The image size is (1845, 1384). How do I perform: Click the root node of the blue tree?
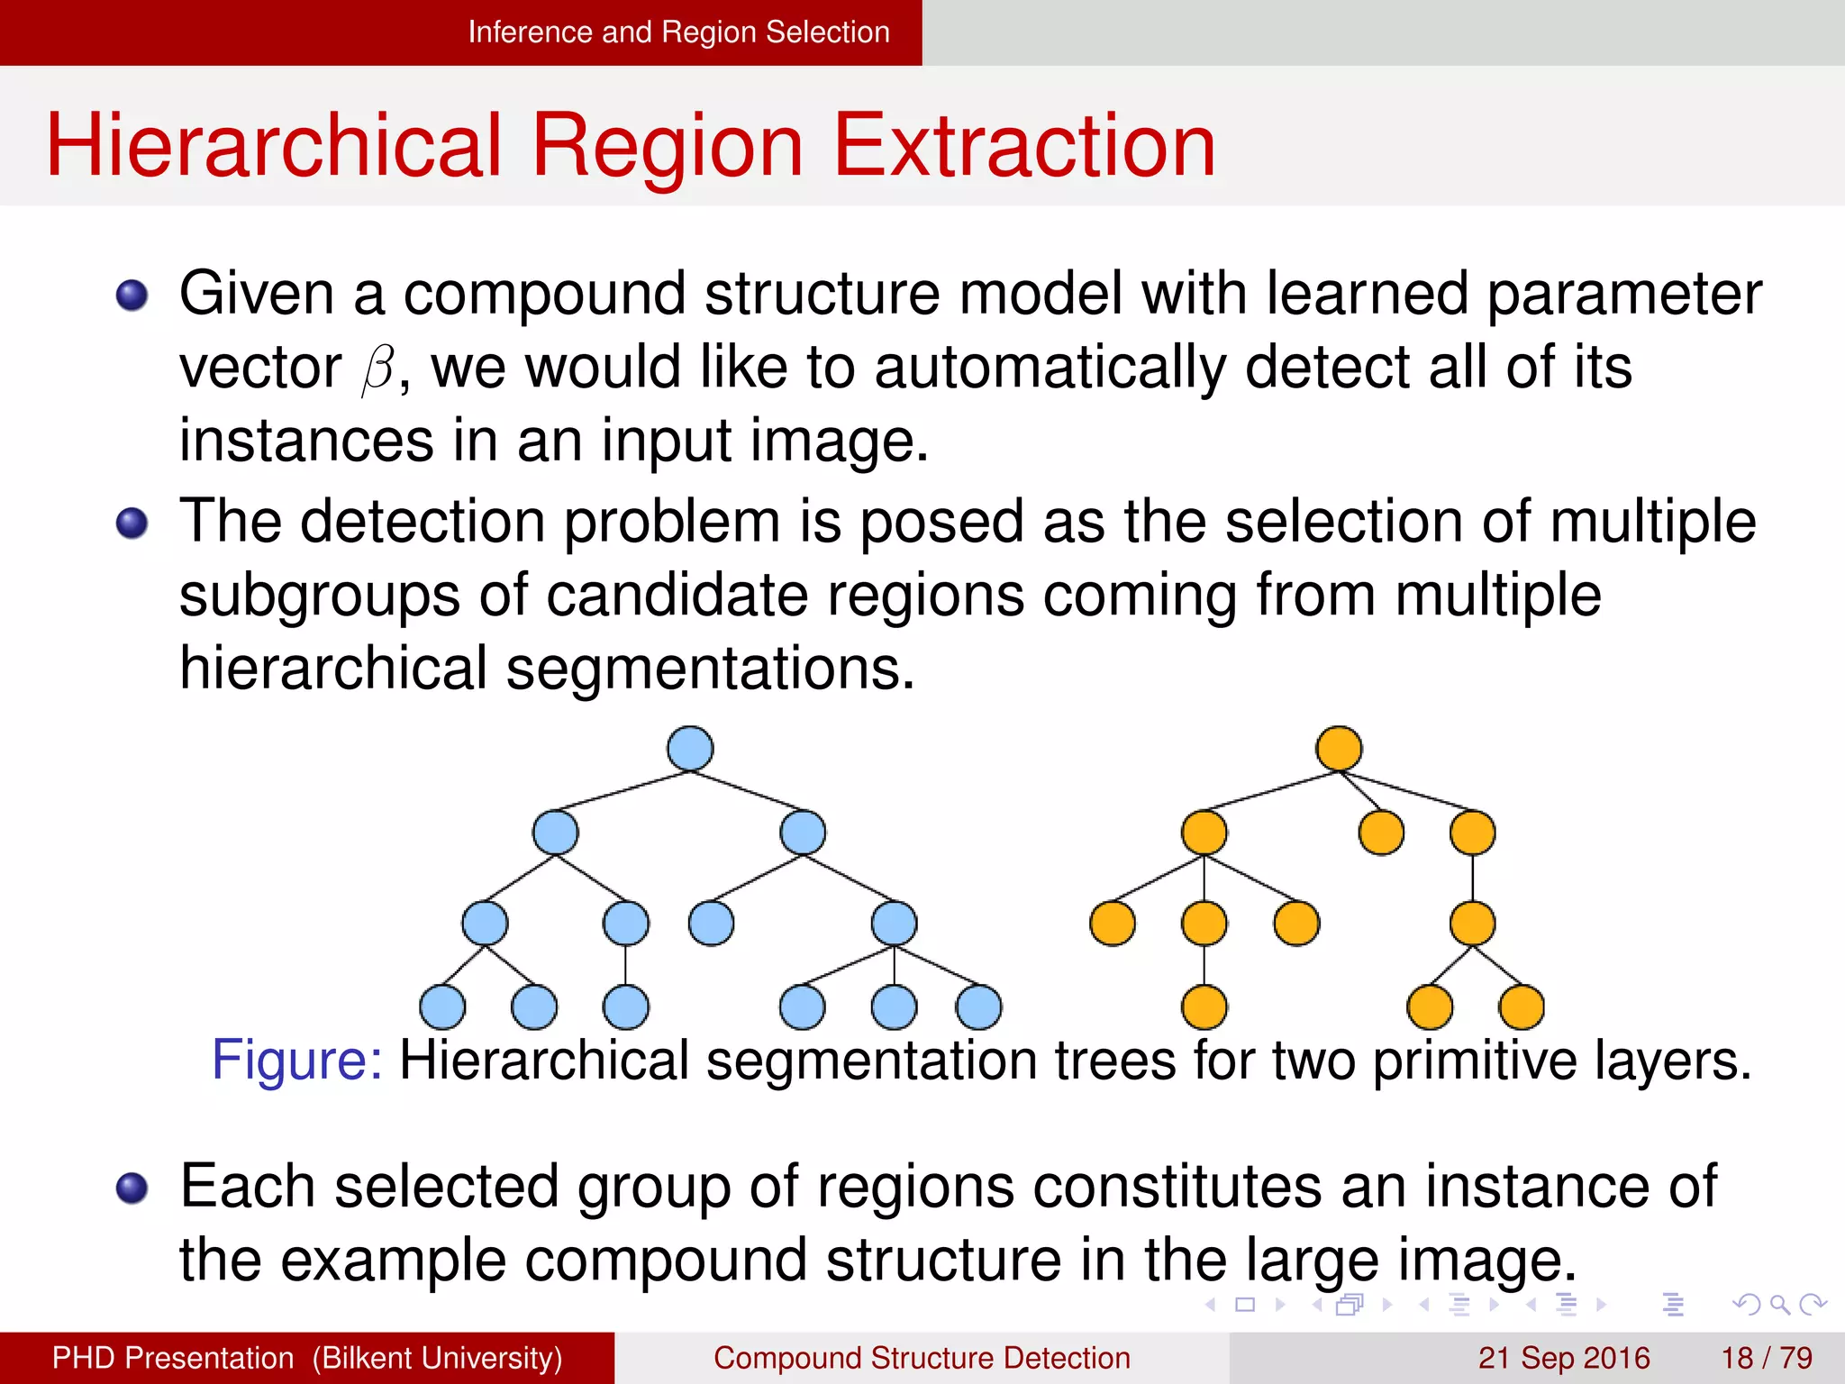click(690, 749)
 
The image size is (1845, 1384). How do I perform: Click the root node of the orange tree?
click(1339, 749)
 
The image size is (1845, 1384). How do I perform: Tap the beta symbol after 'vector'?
click(378, 369)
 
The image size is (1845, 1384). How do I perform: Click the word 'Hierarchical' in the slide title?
click(273, 146)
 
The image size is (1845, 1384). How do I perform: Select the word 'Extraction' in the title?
click(1025, 146)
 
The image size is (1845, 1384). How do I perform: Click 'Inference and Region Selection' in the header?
click(678, 32)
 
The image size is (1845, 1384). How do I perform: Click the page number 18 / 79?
click(1766, 1358)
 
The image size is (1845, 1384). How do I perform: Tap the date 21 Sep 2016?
click(1563, 1358)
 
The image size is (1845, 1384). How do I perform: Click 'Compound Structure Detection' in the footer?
click(922, 1358)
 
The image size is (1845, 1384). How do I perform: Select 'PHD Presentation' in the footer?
click(173, 1358)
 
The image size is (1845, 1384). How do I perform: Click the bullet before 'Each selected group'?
click(132, 1188)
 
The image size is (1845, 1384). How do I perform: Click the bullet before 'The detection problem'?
click(132, 523)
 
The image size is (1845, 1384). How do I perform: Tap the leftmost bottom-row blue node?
click(442, 1006)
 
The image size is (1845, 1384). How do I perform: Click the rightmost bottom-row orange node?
click(1522, 1006)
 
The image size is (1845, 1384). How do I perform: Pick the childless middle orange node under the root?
click(1381, 833)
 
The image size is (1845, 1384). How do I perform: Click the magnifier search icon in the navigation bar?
click(1779, 1305)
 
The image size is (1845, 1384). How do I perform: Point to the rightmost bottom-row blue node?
click(978, 1006)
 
